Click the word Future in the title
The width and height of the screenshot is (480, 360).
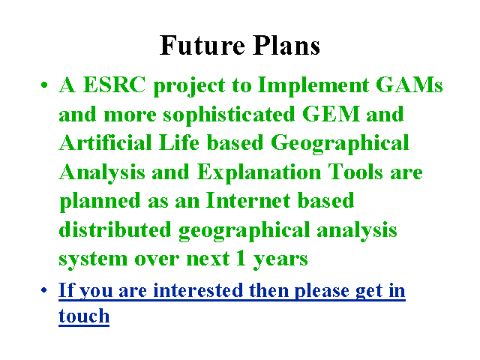pyautogui.click(x=202, y=45)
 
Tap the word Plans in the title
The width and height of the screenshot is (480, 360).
pyautogui.click(x=286, y=45)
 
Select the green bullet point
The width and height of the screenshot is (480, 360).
pyautogui.click(x=44, y=85)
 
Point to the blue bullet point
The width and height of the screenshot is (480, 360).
pyautogui.click(x=44, y=289)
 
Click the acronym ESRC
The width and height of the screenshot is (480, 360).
pyautogui.click(x=114, y=85)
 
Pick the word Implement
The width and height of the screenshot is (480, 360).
pyautogui.click(x=313, y=85)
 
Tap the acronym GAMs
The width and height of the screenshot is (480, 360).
pyautogui.click(x=409, y=85)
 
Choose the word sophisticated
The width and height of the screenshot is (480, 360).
pyautogui.click(x=229, y=115)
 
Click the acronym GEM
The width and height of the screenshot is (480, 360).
pyautogui.click(x=331, y=113)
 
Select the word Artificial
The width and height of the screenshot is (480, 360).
pyautogui.click(x=106, y=142)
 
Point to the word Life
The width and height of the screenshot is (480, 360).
pyautogui.click(x=179, y=142)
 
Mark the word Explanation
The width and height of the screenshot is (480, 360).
pyautogui.click(x=259, y=172)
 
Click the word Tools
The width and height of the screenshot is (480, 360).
pyautogui.click(x=355, y=172)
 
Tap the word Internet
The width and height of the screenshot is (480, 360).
pyautogui.click(x=248, y=200)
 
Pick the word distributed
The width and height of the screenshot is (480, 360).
pyautogui.click(x=115, y=229)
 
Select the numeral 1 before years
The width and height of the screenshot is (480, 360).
pyautogui.click(x=241, y=258)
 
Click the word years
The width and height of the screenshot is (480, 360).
pyautogui.click(x=280, y=259)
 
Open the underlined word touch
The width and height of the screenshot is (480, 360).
pyautogui.click(x=84, y=316)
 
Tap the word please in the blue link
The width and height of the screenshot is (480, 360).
pyautogui.click(x=322, y=291)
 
